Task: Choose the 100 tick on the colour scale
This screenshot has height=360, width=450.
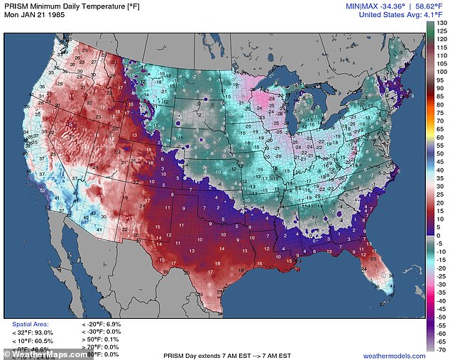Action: [x=441, y=72]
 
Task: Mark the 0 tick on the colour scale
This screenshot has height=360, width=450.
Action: [x=441, y=234]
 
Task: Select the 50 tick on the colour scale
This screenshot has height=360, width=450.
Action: [x=441, y=153]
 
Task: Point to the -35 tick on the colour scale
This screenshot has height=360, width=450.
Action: [x=441, y=292]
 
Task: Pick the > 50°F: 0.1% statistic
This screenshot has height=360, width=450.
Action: [x=102, y=339]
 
